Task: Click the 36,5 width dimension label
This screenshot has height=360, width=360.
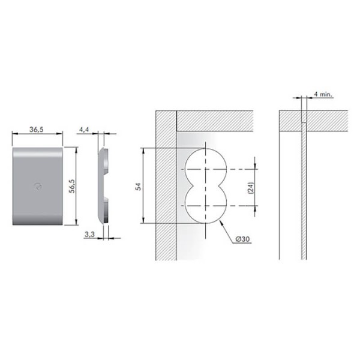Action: [x=36, y=130]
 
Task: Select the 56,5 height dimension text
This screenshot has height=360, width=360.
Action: [x=72, y=186]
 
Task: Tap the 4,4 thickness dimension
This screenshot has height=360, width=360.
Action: [x=84, y=130]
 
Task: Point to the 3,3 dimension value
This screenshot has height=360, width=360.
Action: [x=89, y=235]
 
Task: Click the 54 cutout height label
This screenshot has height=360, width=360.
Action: [x=138, y=187]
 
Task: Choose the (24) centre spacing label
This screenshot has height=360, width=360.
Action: [x=251, y=188]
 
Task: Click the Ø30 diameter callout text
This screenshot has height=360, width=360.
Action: [x=242, y=239]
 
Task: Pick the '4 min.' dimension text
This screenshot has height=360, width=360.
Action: [x=323, y=94]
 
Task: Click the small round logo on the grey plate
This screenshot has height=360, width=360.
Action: [x=38, y=186]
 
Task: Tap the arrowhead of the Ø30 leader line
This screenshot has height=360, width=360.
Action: [x=221, y=222]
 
